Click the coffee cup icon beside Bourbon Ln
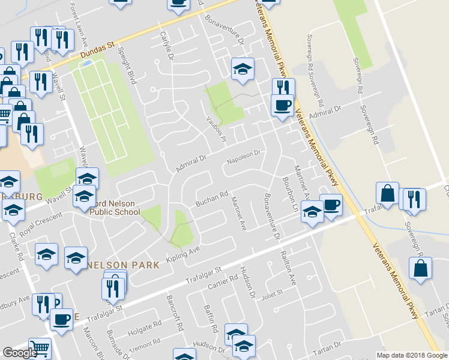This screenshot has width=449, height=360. coord(331,205)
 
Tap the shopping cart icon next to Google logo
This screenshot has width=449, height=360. coord(40,347)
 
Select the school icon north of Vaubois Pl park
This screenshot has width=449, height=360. coord(242,69)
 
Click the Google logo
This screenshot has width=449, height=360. coord(20,353)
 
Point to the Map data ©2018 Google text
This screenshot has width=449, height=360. coord(412,355)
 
